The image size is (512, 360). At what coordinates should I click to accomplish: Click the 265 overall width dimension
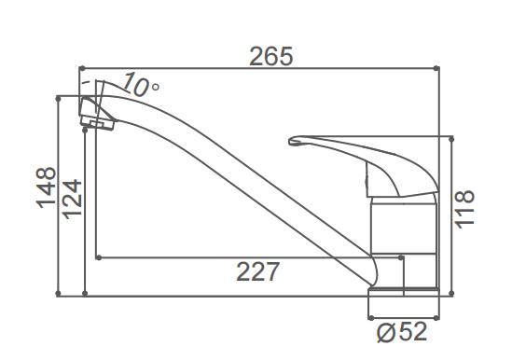[x=270, y=56]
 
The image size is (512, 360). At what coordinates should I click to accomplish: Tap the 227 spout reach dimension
[x=257, y=271]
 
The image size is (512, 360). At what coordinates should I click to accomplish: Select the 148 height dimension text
[x=46, y=187]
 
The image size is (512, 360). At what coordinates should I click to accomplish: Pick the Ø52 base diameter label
[x=402, y=332]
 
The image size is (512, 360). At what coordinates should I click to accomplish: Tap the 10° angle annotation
[x=141, y=85]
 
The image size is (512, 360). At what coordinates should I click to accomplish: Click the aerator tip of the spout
[x=97, y=114]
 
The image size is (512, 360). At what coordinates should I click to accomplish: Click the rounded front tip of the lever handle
[x=291, y=141]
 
